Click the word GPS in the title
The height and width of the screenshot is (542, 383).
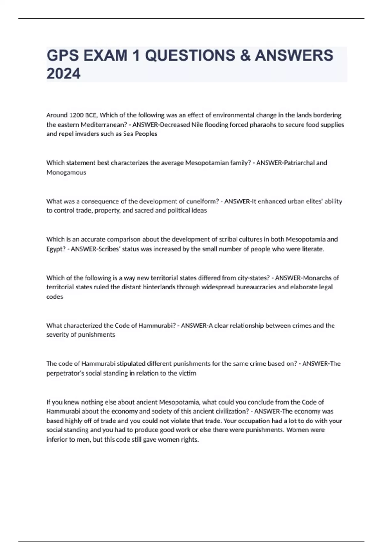63,55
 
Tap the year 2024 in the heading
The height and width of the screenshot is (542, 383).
64,74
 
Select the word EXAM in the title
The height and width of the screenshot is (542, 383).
105,55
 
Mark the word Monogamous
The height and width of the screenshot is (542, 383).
66,172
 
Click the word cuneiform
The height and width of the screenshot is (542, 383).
201,201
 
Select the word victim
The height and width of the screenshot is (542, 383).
188,373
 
